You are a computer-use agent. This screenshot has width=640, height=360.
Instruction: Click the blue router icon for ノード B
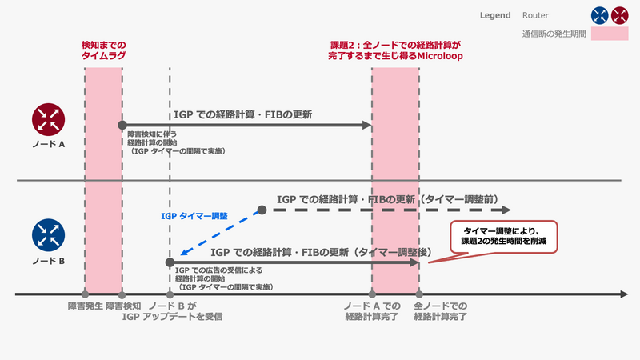(49, 235)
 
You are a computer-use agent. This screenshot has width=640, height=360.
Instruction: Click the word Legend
(495, 15)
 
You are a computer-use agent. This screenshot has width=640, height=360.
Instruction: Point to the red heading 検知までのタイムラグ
(104, 51)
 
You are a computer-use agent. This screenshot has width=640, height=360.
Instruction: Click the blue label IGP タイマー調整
(194, 216)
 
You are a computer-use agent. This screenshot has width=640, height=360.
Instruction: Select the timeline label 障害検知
(122, 306)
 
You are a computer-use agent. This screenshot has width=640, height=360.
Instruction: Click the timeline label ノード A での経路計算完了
(372, 312)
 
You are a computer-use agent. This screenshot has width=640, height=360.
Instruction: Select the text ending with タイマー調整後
(321, 253)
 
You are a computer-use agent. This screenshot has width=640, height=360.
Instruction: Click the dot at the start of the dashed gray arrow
(262, 210)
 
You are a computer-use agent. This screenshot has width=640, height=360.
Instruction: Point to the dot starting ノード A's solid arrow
(122, 125)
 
